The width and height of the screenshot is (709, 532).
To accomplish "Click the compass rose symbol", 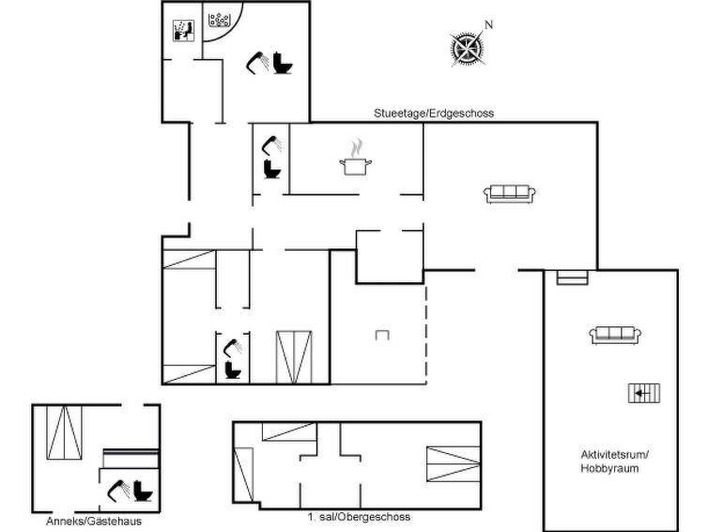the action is pyautogui.click(x=467, y=50).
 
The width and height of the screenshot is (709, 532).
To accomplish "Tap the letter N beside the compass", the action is pyautogui.click(x=488, y=24).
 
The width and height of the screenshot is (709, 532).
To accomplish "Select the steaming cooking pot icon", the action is pyautogui.click(x=356, y=159).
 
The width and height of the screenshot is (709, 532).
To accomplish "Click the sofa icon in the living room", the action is pyautogui.click(x=510, y=195).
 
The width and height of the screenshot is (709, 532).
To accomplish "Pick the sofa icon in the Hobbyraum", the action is pyautogui.click(x=615, y=336).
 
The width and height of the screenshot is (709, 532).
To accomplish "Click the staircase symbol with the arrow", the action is pyautogui.click(x=644, y=393).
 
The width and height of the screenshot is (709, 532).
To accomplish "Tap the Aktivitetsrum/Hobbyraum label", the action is pyautogui.click(x=613, y=462).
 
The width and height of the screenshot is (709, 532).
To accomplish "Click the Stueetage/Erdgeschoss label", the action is pyautogui.click(x=433, y=113).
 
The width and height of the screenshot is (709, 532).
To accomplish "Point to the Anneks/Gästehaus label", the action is pyautogui.click(x=94, y=521).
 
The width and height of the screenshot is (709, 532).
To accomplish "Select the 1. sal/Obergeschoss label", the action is pyautogui.click(x=359, y=517).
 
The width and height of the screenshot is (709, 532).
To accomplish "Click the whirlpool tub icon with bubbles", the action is pyautogui.click(x=220, y=20).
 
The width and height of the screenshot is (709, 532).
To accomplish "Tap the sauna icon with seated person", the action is pyautogui.click(x=183, y=31).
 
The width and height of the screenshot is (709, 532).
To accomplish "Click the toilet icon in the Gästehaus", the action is pyautogui.click(x=144, y=491).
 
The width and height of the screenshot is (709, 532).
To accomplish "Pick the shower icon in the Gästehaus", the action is pyautogui.click(x=118, y=491).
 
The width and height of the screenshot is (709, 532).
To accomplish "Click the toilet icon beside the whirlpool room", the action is pyautogui.click(x=283, y=62).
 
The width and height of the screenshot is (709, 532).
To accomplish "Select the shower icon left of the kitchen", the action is pyautogui.click(x=271, y=146).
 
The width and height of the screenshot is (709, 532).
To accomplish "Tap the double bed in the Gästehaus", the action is pyautogui.click(x=64, y=432).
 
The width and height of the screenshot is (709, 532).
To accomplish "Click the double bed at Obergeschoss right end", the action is pyautogui.click(x=454, y=463).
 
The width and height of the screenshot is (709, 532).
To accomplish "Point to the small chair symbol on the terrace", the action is pyautogui.click(x=382, y=335).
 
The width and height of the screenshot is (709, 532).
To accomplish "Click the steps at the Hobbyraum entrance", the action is pyautogui.click(x=573, y=277).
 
